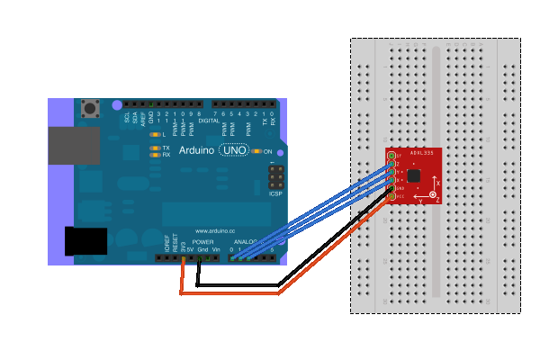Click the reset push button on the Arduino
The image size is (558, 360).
(x=90, y=110)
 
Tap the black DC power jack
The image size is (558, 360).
(x=85, y=241)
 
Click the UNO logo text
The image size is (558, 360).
(x=234, y=151)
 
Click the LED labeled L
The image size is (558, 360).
(x=155, y=134)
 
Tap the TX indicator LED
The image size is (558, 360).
(x=155, y=147)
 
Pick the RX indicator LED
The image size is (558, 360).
(x=155, y=155)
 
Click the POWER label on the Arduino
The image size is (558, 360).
(x=202, y=242)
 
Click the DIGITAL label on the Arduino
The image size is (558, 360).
(x=209, y=119)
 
